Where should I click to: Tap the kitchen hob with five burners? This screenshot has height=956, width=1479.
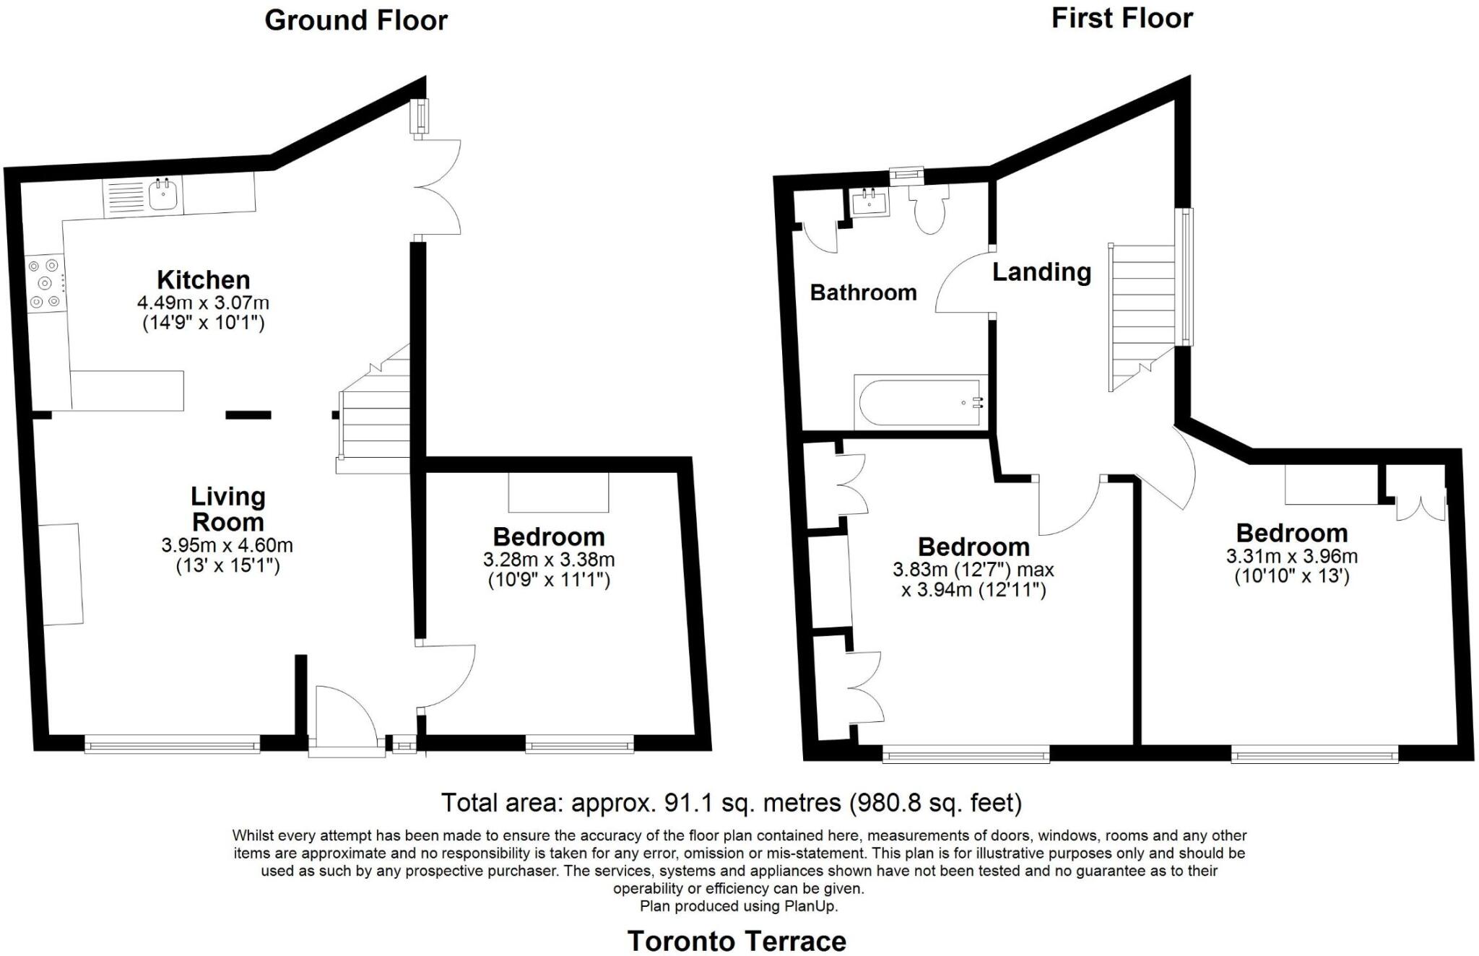pyautogui.click(x=45, y=283)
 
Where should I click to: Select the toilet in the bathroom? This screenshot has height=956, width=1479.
pyautogui.click(x=929, y=209)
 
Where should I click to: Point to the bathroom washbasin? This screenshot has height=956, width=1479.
pyautogui.click(x=870, y=202)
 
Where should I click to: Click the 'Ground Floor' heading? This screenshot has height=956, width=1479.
pyautogui.click(x=356, y=20)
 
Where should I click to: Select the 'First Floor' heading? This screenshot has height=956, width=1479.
pyautogui.click(x=1122, y=18)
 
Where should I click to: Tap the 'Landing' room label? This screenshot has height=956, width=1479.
pyautogui.click(x=1041, y=272)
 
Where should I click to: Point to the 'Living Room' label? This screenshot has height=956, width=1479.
pyautogui.click(x=227, y=509)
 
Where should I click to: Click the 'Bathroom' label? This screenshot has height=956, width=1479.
pyautogui.click(x=863, y=292)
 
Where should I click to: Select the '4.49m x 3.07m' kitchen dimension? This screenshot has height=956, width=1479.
pyautogui.click(x=203, y=303)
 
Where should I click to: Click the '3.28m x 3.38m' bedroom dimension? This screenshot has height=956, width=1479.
pyautogui.click(x=549, y=560)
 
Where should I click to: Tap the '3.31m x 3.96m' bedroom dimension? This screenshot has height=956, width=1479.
pyautogui.click(x=1291, y=557)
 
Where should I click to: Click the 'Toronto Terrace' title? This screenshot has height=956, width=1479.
pyautogui.click(x=737, y=941)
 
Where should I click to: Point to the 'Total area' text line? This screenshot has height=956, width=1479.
pyautogui.click(x=731, y=803)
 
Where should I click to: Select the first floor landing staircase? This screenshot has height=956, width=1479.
pyautogui.click(x=1142, y=310)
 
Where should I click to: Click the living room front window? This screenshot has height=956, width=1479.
pyautogui.click(x=172, y=744)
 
